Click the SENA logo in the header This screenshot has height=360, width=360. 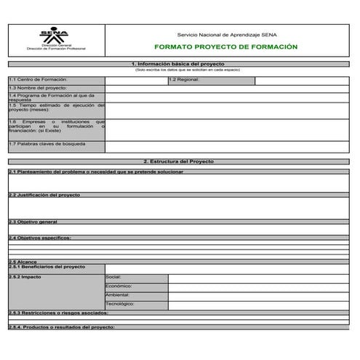point(55,36)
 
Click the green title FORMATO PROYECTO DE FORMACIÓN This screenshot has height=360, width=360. point(226,47)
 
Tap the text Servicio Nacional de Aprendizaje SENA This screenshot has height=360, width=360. point(226,34)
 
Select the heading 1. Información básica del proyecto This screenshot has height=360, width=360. point(179,64)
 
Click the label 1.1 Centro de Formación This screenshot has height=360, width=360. point(38,79)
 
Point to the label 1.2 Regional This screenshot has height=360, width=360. point(184,79)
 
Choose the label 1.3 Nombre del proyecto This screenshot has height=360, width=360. point(37,87)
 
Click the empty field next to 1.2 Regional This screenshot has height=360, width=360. point(302,80)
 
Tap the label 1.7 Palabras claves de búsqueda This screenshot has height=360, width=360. point(47,144)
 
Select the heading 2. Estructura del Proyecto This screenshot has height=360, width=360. point(179,161)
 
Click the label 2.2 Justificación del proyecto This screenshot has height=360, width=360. point(44,195)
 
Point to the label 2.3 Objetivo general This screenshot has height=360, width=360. point(33,221)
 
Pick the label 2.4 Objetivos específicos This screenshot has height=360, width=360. point(40,238)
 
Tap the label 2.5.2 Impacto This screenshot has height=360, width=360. point(25,277)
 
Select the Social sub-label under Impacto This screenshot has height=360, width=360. point(114,277)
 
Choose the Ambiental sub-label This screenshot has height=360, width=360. point(118,295)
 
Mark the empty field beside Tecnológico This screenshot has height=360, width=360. point(258,305)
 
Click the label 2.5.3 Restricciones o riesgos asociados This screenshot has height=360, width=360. point(58,313)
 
